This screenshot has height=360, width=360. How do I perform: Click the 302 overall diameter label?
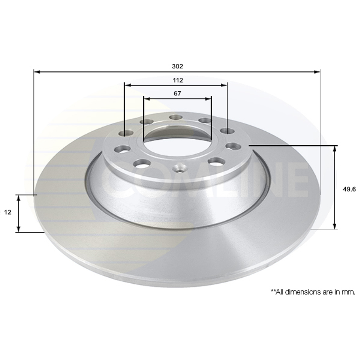pyautogui.click(x=178, y=66)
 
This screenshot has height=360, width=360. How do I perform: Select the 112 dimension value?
pyautogui.click(x=178, y=80)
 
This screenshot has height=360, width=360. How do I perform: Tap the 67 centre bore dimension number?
pyautogui.click(x=177, y=94)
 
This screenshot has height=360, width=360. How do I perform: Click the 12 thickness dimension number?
pyautogui.click(x=7, y=212)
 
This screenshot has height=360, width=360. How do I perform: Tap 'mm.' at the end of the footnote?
pyautogui.click(x=350, y=292)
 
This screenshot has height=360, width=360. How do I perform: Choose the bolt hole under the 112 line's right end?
pyautogui.click(x=225, y=131)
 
